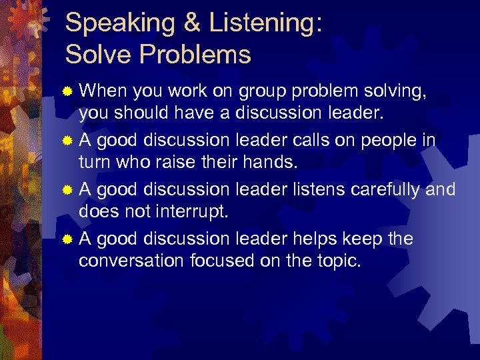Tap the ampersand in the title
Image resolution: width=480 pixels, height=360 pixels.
tap(191, 23)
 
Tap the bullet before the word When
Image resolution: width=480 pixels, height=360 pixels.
tap(67, 93)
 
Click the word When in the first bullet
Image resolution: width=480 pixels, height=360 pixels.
tap(103, 91)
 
